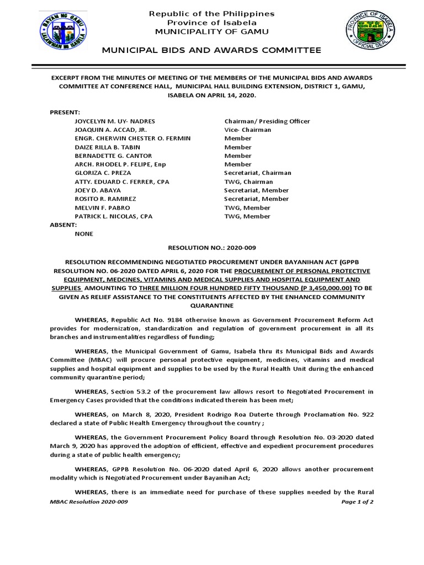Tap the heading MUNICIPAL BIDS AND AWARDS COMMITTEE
click(x=212, y=51)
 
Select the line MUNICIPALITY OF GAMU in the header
click(x=212, y=31)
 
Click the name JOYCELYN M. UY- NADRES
click(x=115, y=121)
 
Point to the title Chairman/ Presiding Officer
click(x=267, y=121)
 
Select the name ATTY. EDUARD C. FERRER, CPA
click(x=122, y=182)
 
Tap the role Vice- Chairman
click(x=248, y=130)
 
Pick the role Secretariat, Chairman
click(x=257, y=173)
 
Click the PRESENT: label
click(x=65, y=112)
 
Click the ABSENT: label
click(x=64, y=225)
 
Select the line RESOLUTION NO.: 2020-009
click(x=212, y=248)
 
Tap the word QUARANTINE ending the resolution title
click(x=212, y=305)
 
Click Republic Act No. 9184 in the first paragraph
click(x=145, y=320)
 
